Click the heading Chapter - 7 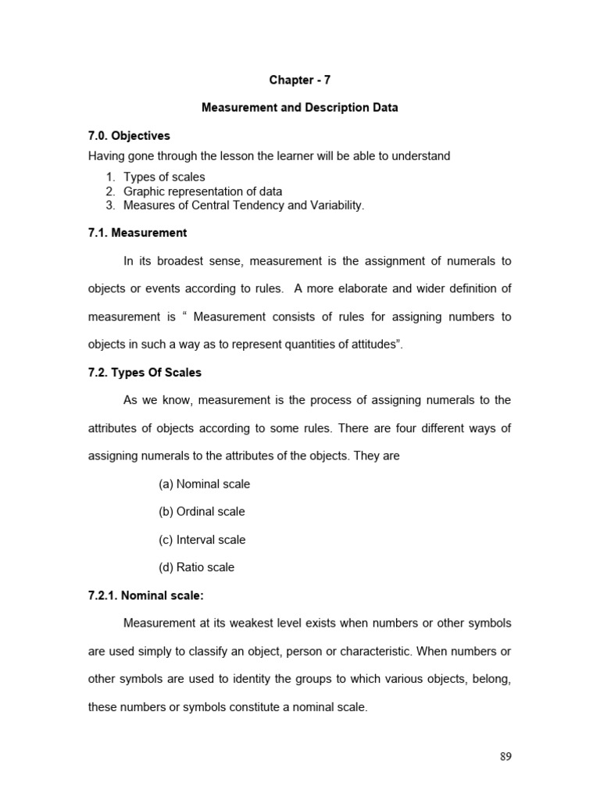click(x=299, y=80)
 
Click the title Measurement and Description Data click(x=299, y=108)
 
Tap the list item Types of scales click(x=164, y=177)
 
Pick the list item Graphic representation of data click(x=202, y=191)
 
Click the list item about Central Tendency click(x=244, y=205)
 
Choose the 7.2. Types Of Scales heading click(x=145, y=373)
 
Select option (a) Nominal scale click(x=204, y=484)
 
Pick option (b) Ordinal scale click(x=202, y=512)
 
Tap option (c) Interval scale click(x=202, y=540)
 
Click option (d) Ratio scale click(x=196, y=567)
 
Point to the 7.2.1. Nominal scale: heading click(x=145, y=595)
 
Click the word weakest click(x=286, y=623)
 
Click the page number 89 click(x=505, y=756)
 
